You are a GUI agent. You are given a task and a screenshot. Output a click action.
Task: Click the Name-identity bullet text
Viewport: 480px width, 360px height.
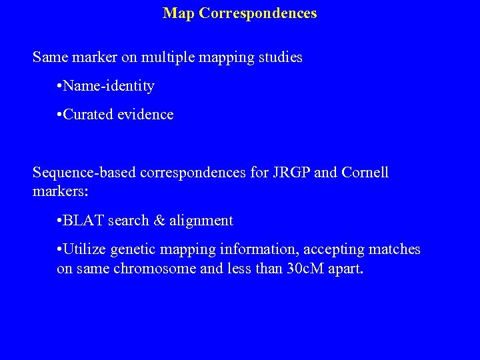coord(109,86)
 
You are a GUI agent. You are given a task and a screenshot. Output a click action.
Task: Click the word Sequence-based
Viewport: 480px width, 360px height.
coord(82,173)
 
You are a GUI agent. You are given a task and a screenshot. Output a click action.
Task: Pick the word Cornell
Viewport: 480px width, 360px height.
coord(365,173)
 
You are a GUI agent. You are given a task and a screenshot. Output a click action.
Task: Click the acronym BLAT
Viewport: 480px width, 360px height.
coord(83,221)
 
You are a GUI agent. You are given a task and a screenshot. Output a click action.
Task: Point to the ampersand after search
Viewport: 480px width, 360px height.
coord(158,221)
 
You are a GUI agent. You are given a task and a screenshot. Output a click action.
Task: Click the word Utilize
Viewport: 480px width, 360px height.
coord(85,249)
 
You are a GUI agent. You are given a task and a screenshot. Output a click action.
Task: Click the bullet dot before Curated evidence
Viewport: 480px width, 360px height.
coord(61,115)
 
